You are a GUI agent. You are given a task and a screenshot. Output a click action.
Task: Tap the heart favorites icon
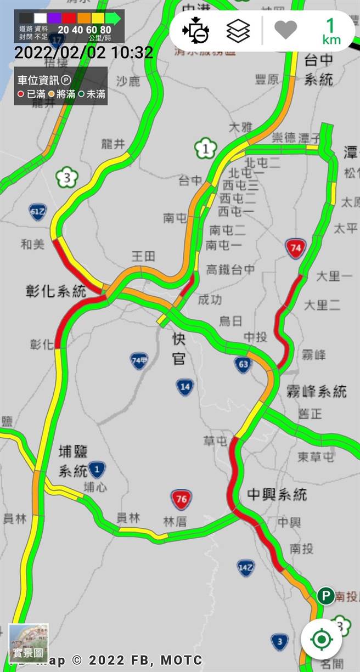click(x=285, y=30)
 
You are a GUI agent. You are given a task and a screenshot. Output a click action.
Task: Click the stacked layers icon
click(x=238, y=31)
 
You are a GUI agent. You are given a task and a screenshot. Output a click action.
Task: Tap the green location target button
click(x=322, y=640)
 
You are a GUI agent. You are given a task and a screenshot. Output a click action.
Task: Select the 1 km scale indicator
click(x=331, y=31)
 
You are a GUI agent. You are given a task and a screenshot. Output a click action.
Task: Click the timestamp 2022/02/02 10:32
click(x=83, y=53)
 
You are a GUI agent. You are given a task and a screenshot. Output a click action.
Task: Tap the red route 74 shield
click(x=295, y=249)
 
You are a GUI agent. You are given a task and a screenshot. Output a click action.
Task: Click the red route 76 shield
click(x=181, y=499)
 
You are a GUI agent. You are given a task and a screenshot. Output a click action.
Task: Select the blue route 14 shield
click(x=185, y=387)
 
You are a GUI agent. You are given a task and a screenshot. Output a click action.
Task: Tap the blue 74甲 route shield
click(x=139, y=360)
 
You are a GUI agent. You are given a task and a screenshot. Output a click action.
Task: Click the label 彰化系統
click(x=56, y=291)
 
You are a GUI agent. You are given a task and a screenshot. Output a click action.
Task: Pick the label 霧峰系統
click(x=316, y=392)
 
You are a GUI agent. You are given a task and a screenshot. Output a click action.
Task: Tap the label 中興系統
click(x=277, y=494)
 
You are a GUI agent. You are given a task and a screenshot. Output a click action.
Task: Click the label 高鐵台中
click(x=230, y=269)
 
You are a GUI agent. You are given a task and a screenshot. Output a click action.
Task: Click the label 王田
click(x=143, y=256)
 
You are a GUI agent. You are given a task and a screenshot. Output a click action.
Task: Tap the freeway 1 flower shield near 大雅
click(x=206, y=148)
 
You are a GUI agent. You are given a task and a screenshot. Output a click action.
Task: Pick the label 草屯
click(x=215, y=441)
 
